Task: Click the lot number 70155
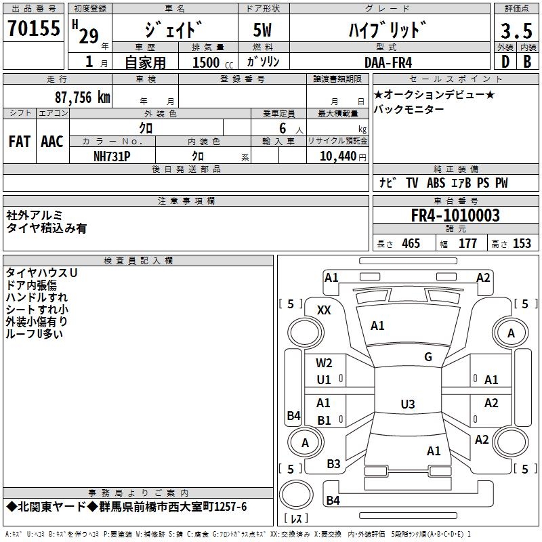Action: tap(34, 28)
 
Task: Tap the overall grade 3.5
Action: tap(516, 30)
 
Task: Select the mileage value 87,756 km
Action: tap(83, 98)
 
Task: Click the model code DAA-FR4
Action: tap(388, 62)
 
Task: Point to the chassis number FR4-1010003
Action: tap(455, 215)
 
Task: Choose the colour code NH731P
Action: tap(112, 157)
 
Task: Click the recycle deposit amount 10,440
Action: tap(338, 157)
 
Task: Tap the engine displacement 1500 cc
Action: tap(213, 62)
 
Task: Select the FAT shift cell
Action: tap(20, 142)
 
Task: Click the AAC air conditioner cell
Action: tap(52, 142)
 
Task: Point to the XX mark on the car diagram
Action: tap(324, 310)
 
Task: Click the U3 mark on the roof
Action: tap(408, 404)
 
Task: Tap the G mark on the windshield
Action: tap(428, 357)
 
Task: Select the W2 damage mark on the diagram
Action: tap(324, 363)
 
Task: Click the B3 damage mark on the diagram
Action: tap(333, 464)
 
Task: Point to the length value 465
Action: tap(411, 244)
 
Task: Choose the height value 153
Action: tap(522, 244)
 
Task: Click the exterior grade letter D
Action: tap(505, 62)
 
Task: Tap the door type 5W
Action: tap(262, 30)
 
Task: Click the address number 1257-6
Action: tap(230, 507)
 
